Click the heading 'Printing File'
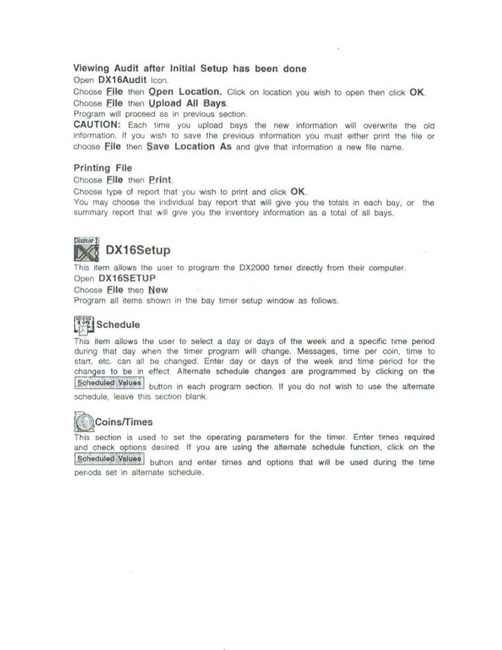[x=103, y=168]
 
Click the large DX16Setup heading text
[x=138, y=251]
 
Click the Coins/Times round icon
[x=83, y=422]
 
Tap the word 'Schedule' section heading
[x=118, y=325]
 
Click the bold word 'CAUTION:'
[x=96, y=125]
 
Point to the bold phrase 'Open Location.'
[x=185, y=92]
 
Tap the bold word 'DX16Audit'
[x=123, y=80]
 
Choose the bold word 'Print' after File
[x=160, y=180]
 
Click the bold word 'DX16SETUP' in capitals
[x=127, y=278]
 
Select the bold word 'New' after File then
[x=158, y=289]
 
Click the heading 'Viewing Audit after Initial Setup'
[x=190, y=69]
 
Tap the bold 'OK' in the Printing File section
[x=298, y=192]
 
